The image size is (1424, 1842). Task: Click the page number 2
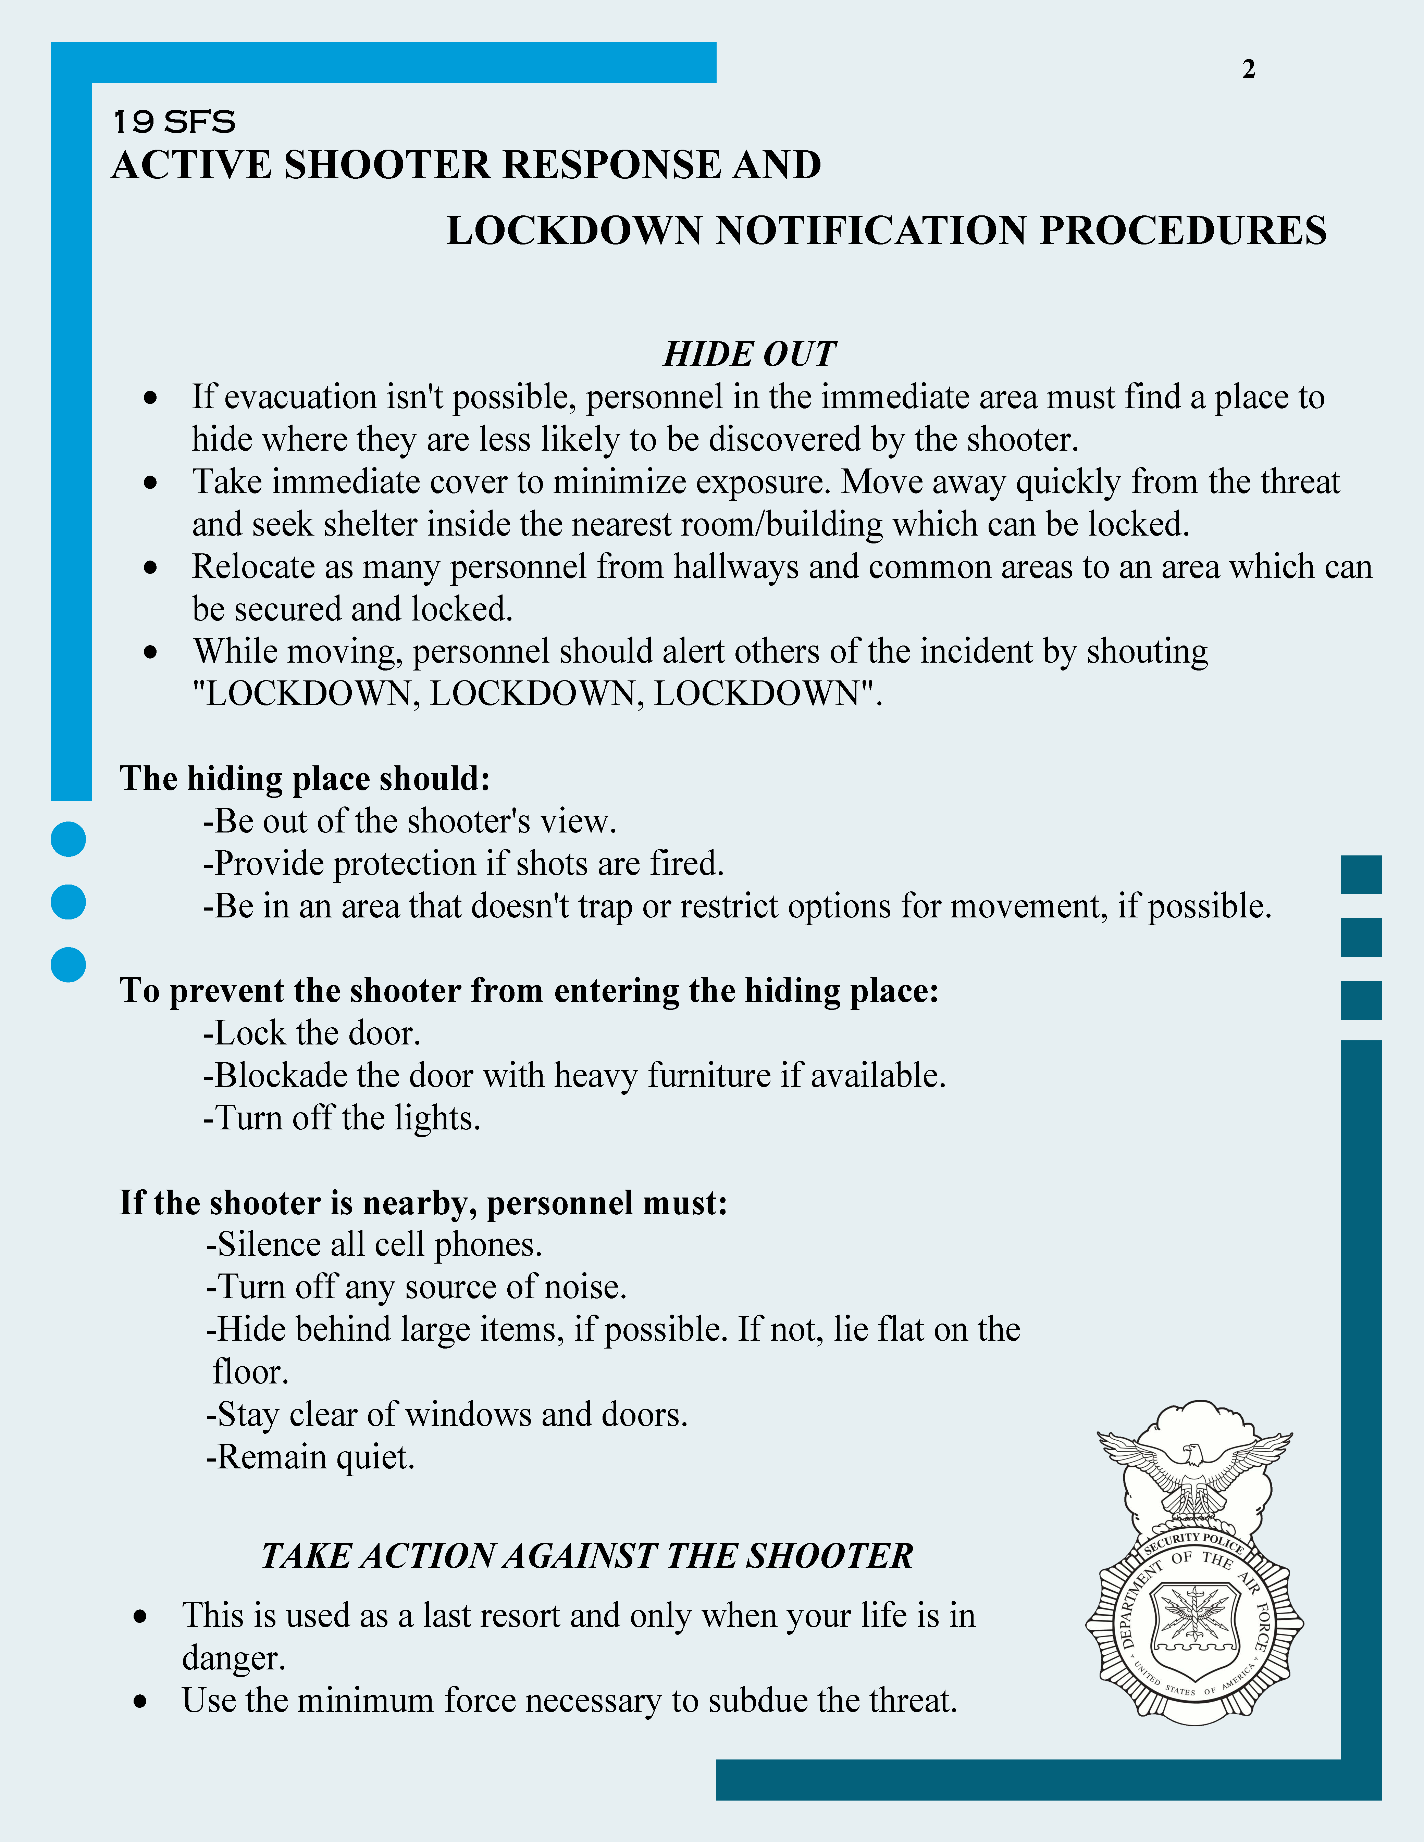tap(1249, 69)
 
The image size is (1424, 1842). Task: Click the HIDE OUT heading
tap(749, 354)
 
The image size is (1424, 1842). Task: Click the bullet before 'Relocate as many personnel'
tap(150, 568)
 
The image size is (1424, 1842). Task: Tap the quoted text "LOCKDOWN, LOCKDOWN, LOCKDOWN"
tap(536, 694)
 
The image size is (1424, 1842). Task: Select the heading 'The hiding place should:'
tap(305, 778)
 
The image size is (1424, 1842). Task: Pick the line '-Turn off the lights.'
tap(342, 1118)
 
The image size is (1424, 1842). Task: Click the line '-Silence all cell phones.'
tap(374, 1245)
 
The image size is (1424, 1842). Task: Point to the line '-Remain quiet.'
tap(310, 1457)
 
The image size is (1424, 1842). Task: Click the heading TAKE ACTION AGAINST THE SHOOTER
tap(587, 1556)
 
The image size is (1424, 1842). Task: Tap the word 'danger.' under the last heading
tap(234, 1658)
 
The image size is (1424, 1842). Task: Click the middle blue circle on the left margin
tap(68, 902)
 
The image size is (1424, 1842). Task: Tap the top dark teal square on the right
tap(1361, 875)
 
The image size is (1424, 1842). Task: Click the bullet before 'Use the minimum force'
tap(141, 1702)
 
